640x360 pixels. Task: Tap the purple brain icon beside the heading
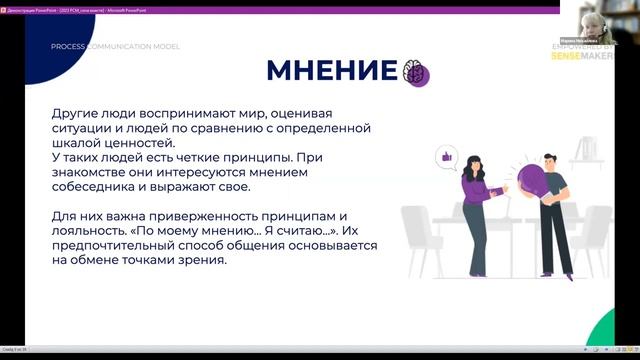(414, 72)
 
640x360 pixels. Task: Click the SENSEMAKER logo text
(583, 56)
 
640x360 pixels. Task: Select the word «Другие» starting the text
(77, 113)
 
